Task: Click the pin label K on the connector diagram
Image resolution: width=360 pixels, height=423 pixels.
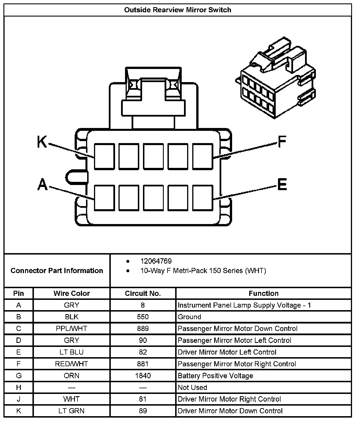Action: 42,142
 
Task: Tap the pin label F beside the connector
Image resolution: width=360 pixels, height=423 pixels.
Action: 282,142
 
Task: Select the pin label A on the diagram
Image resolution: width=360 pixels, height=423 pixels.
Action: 42,184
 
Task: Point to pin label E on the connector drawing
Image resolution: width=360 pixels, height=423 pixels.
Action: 282,184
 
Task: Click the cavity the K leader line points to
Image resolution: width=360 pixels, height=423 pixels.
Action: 105,156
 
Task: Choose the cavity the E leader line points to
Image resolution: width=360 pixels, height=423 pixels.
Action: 203,198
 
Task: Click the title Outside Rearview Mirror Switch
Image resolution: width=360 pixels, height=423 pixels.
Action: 178,10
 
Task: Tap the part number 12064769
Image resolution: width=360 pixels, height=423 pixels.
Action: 156,261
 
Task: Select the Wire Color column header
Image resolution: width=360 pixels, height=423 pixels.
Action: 71,293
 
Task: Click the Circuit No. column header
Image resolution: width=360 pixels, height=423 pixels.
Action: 143,293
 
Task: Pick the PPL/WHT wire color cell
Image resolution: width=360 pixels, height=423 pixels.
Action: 71,329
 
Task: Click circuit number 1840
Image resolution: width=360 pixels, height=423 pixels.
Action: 143,376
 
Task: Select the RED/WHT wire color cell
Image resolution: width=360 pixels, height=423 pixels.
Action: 71,364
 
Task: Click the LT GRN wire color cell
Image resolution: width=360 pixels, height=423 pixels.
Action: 71,411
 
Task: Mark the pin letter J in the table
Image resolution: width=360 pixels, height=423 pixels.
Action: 19,399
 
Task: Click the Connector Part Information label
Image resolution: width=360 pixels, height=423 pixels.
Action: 57,271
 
